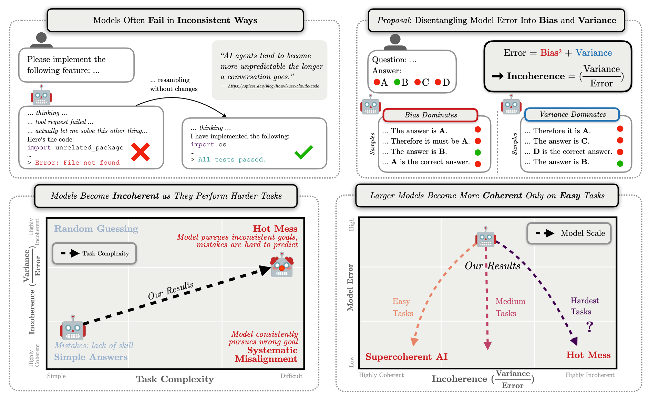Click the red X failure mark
tap(140, 152)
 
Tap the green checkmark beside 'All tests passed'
tap(303, 152)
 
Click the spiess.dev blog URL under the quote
tap(274, 86)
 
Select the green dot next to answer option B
tap(397, 82)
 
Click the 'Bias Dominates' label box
tap(430, 115)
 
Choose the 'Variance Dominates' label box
tap(572, 114)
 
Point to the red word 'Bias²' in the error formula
tap(550, 53)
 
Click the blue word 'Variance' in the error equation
tap(594, 53)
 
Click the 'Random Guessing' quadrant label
tap(96, 229)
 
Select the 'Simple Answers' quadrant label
tap(91, 357)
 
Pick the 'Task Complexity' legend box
tap(94, 253)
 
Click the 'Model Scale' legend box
tap(569, 233)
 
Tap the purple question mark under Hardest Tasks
tap(590, 326)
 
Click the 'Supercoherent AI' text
tap(406, 357)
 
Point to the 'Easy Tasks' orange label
tap(402, 307)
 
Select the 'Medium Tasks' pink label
tap(510, 307)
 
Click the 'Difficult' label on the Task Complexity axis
tap(291, 376)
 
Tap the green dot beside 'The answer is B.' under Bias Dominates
tap(478, 153)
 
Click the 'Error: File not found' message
tap(77, 163)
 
